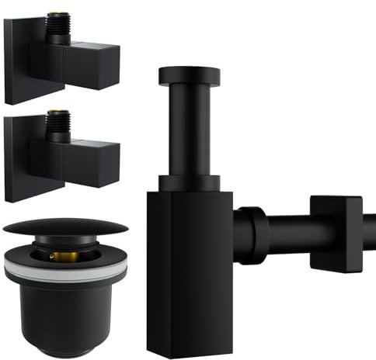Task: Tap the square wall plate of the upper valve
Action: coord(17,62)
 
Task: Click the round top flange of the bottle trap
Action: coord(189,75)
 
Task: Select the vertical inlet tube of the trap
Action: coord(189,132)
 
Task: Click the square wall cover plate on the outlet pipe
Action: coord(336,232)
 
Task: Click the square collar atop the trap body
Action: coord(189,183)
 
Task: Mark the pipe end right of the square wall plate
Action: coord(368,230)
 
